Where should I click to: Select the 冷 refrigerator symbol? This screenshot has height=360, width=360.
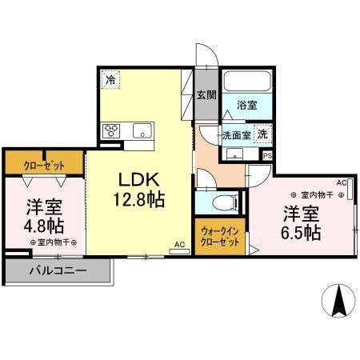click(x=110, y=81)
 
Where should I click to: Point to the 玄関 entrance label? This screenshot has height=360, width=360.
click(x=206, y=94)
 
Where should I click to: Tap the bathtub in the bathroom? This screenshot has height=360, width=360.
click(x=247, y=82)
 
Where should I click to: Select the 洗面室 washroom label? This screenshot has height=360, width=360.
click(x=238, y=134)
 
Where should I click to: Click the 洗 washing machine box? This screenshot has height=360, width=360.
click(x=262, y=134)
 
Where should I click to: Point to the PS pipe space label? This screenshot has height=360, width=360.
click(x=267, y=155)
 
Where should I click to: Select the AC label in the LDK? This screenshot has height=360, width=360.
click(x=179, y=244)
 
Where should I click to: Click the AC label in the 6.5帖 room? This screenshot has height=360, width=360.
click(x=341, y=183)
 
